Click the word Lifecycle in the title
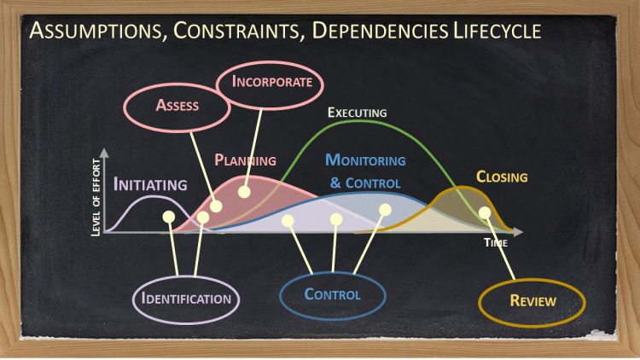503,32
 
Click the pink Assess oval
177,106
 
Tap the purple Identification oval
186,299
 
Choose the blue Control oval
332,294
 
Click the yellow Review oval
532,300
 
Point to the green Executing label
358,113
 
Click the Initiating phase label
150,184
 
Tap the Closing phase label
502,177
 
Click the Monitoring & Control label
365,171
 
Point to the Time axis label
496,243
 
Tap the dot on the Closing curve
485,212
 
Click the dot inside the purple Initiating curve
168,217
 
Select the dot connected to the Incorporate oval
244,191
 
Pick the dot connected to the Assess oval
216,206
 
